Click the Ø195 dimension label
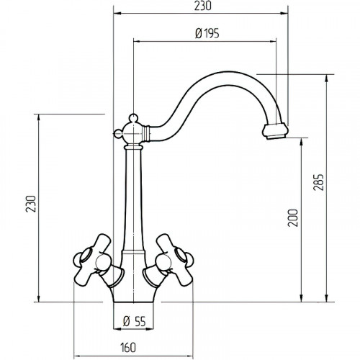click(x=207, y=34)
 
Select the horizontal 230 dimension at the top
click(x=203, y=6)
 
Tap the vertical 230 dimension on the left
click(x=31, y=204)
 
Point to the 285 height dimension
click(x=319, y=182)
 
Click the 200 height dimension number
click(x=293, y=218)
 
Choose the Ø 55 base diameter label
click(x=134, y=321)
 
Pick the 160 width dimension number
click(x=128, y=348)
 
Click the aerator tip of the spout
click(x=275, y=131)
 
